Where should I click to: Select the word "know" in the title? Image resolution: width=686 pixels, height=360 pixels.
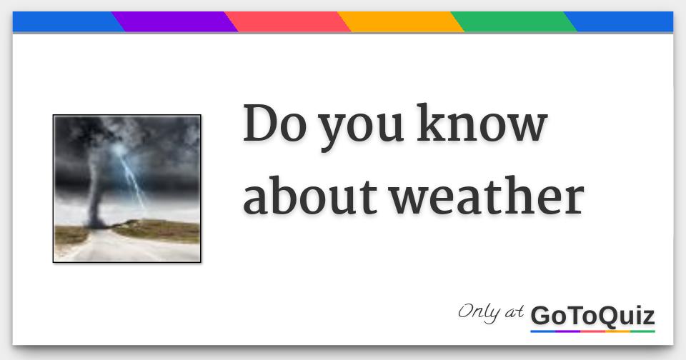coord(482,125)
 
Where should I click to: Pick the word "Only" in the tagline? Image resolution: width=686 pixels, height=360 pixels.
coord(479,312)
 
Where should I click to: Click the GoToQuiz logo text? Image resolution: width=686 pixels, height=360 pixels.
coord(592,314)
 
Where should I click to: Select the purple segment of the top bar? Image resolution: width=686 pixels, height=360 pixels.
coord(174,22)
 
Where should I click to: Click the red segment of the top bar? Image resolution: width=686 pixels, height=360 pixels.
coord(287,22)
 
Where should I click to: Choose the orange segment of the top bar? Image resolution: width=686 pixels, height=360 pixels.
coord(400,22)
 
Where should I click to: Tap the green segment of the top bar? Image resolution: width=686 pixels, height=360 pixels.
coord(513,22)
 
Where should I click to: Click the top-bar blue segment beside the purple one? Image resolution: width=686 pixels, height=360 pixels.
coord(64,22)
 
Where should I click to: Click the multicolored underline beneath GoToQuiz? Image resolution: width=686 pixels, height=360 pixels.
coord(592,331)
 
